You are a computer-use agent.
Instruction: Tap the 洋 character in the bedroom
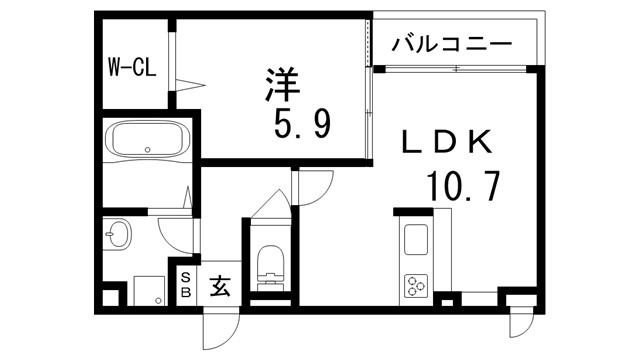pos(282,82)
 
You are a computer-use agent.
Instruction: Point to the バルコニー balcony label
pos(452,45)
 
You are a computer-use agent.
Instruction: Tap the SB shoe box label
pos(185,284)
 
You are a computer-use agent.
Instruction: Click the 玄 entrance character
pos(220,286)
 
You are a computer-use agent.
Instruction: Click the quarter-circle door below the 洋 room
pos(314,188)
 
